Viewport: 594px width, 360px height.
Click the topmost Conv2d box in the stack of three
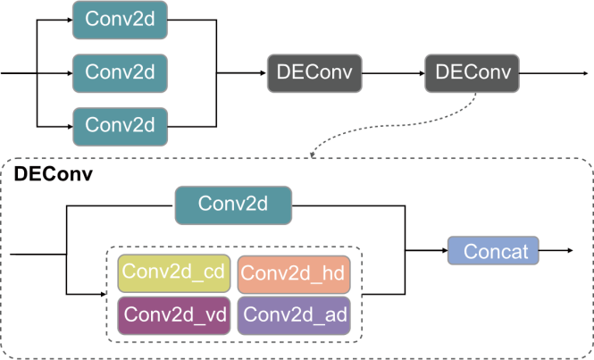pos(120,19)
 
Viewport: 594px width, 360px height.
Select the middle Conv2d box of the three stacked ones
pos(120,71)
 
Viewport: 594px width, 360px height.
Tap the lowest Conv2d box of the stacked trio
pos(120,124)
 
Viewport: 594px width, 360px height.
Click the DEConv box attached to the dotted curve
pos(470,72)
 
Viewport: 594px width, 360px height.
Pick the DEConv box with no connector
pos(314,72)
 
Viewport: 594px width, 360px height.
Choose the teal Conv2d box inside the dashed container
pos(232,204)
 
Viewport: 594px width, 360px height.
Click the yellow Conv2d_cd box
pos(173,272)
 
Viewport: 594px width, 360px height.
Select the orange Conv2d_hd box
pos(293,273)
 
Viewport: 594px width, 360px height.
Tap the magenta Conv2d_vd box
pos(174,314)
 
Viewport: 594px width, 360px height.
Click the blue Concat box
pos(492,252)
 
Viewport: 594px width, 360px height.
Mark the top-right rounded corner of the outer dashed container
pos(588,163)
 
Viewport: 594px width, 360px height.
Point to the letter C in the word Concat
pos(470,252)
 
